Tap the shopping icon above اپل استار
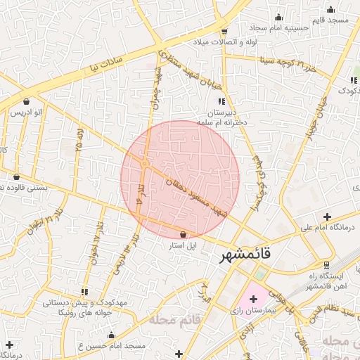click(184, 234)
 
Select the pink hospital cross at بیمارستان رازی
click(254, 299)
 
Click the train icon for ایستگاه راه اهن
click(326, 265)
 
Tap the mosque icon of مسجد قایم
click(330, 10)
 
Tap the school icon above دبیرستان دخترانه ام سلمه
click(222, 102)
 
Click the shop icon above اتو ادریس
click(27, 101)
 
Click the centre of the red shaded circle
click(180, 179)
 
